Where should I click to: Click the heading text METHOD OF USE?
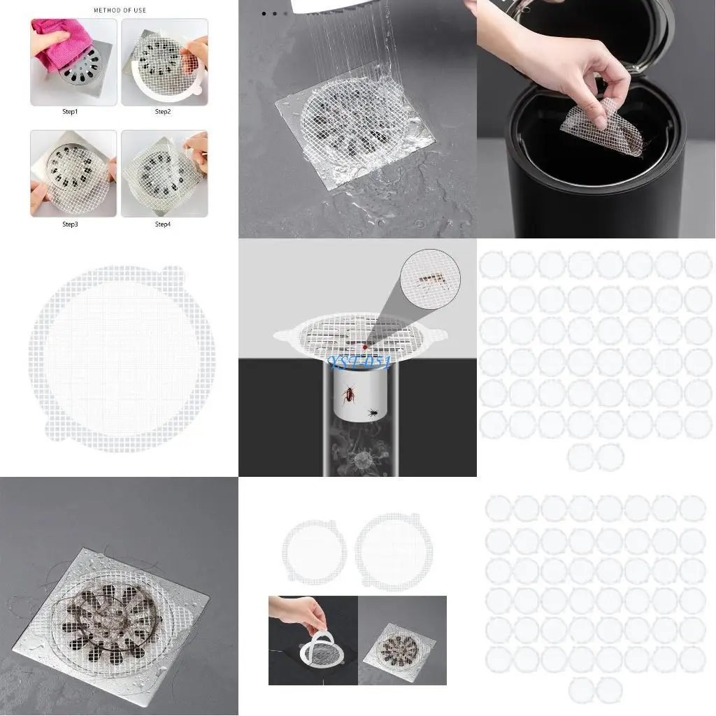point(120,10)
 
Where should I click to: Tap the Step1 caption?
point(71,112)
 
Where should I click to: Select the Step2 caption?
point(163,112)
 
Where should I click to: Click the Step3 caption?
point(71,224)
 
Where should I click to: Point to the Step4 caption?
point(163,224)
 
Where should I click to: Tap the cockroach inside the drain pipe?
point(348,397)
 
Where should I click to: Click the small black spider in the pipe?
point(374,413)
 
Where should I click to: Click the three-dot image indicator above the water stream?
point(274,13)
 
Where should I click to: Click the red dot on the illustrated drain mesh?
point(364,347)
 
